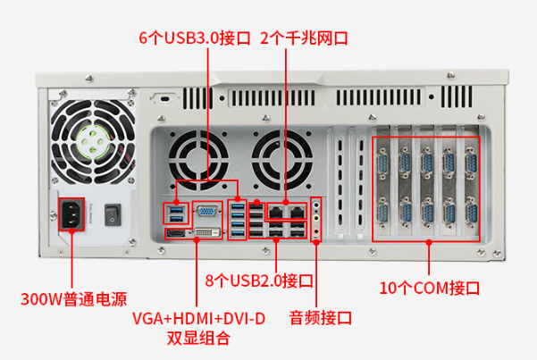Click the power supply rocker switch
tap(112, 213)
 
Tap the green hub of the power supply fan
tap(95, 138)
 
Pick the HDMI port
tap(176, 234)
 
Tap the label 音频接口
tap(321, 317)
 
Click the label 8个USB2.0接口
tap(259, 280)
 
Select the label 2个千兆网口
tap(303, 38)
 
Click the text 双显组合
tap(198, 339)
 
